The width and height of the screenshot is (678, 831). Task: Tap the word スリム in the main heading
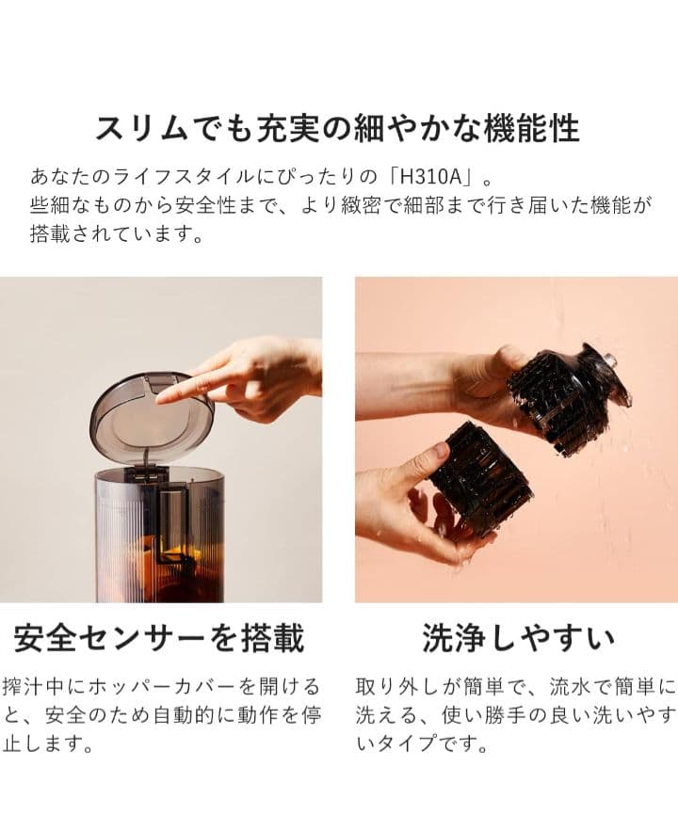[138, 128]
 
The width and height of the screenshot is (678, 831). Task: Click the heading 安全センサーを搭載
[159, 639]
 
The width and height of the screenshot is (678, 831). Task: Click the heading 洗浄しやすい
[519, 639]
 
